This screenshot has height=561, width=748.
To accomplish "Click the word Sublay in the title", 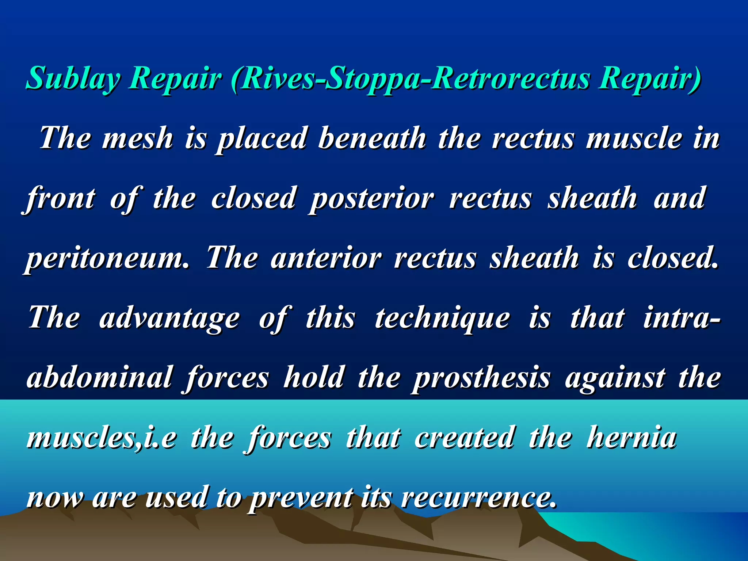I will [73, 79].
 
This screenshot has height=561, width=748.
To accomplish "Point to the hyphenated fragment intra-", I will [682, 318].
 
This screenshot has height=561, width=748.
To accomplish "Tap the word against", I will [615, 378].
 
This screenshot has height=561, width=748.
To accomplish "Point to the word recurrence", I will [478, 497].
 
